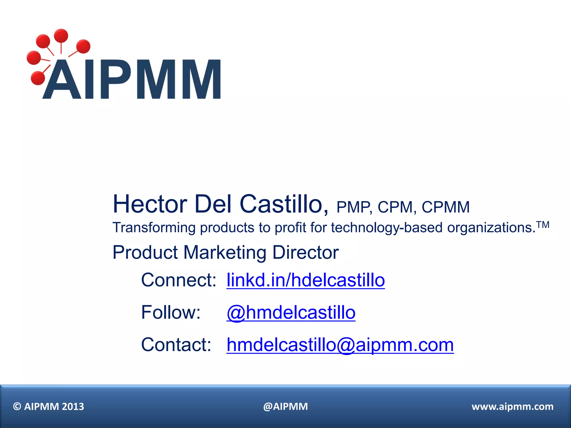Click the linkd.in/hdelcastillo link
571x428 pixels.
click(x=306, y=280)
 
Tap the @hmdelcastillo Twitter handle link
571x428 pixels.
click(x=291, y=312)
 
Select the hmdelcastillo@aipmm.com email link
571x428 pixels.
click(x=340, y=345)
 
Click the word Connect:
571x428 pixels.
click(x=179, y=280)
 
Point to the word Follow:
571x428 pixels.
click(x=171, y=312)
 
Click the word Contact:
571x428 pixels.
click(x=176, y=345)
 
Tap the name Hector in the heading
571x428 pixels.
click(x=150, y=204)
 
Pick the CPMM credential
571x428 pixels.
click(x=446, y=207)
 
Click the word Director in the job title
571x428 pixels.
click(x=306, y=252)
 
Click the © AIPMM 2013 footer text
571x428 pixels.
click(x=49, y=407)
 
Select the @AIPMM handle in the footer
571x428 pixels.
click(x=285, y=407)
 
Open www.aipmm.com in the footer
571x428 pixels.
click(x=512, y=407)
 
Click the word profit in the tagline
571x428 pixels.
click(x=290, y=228)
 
